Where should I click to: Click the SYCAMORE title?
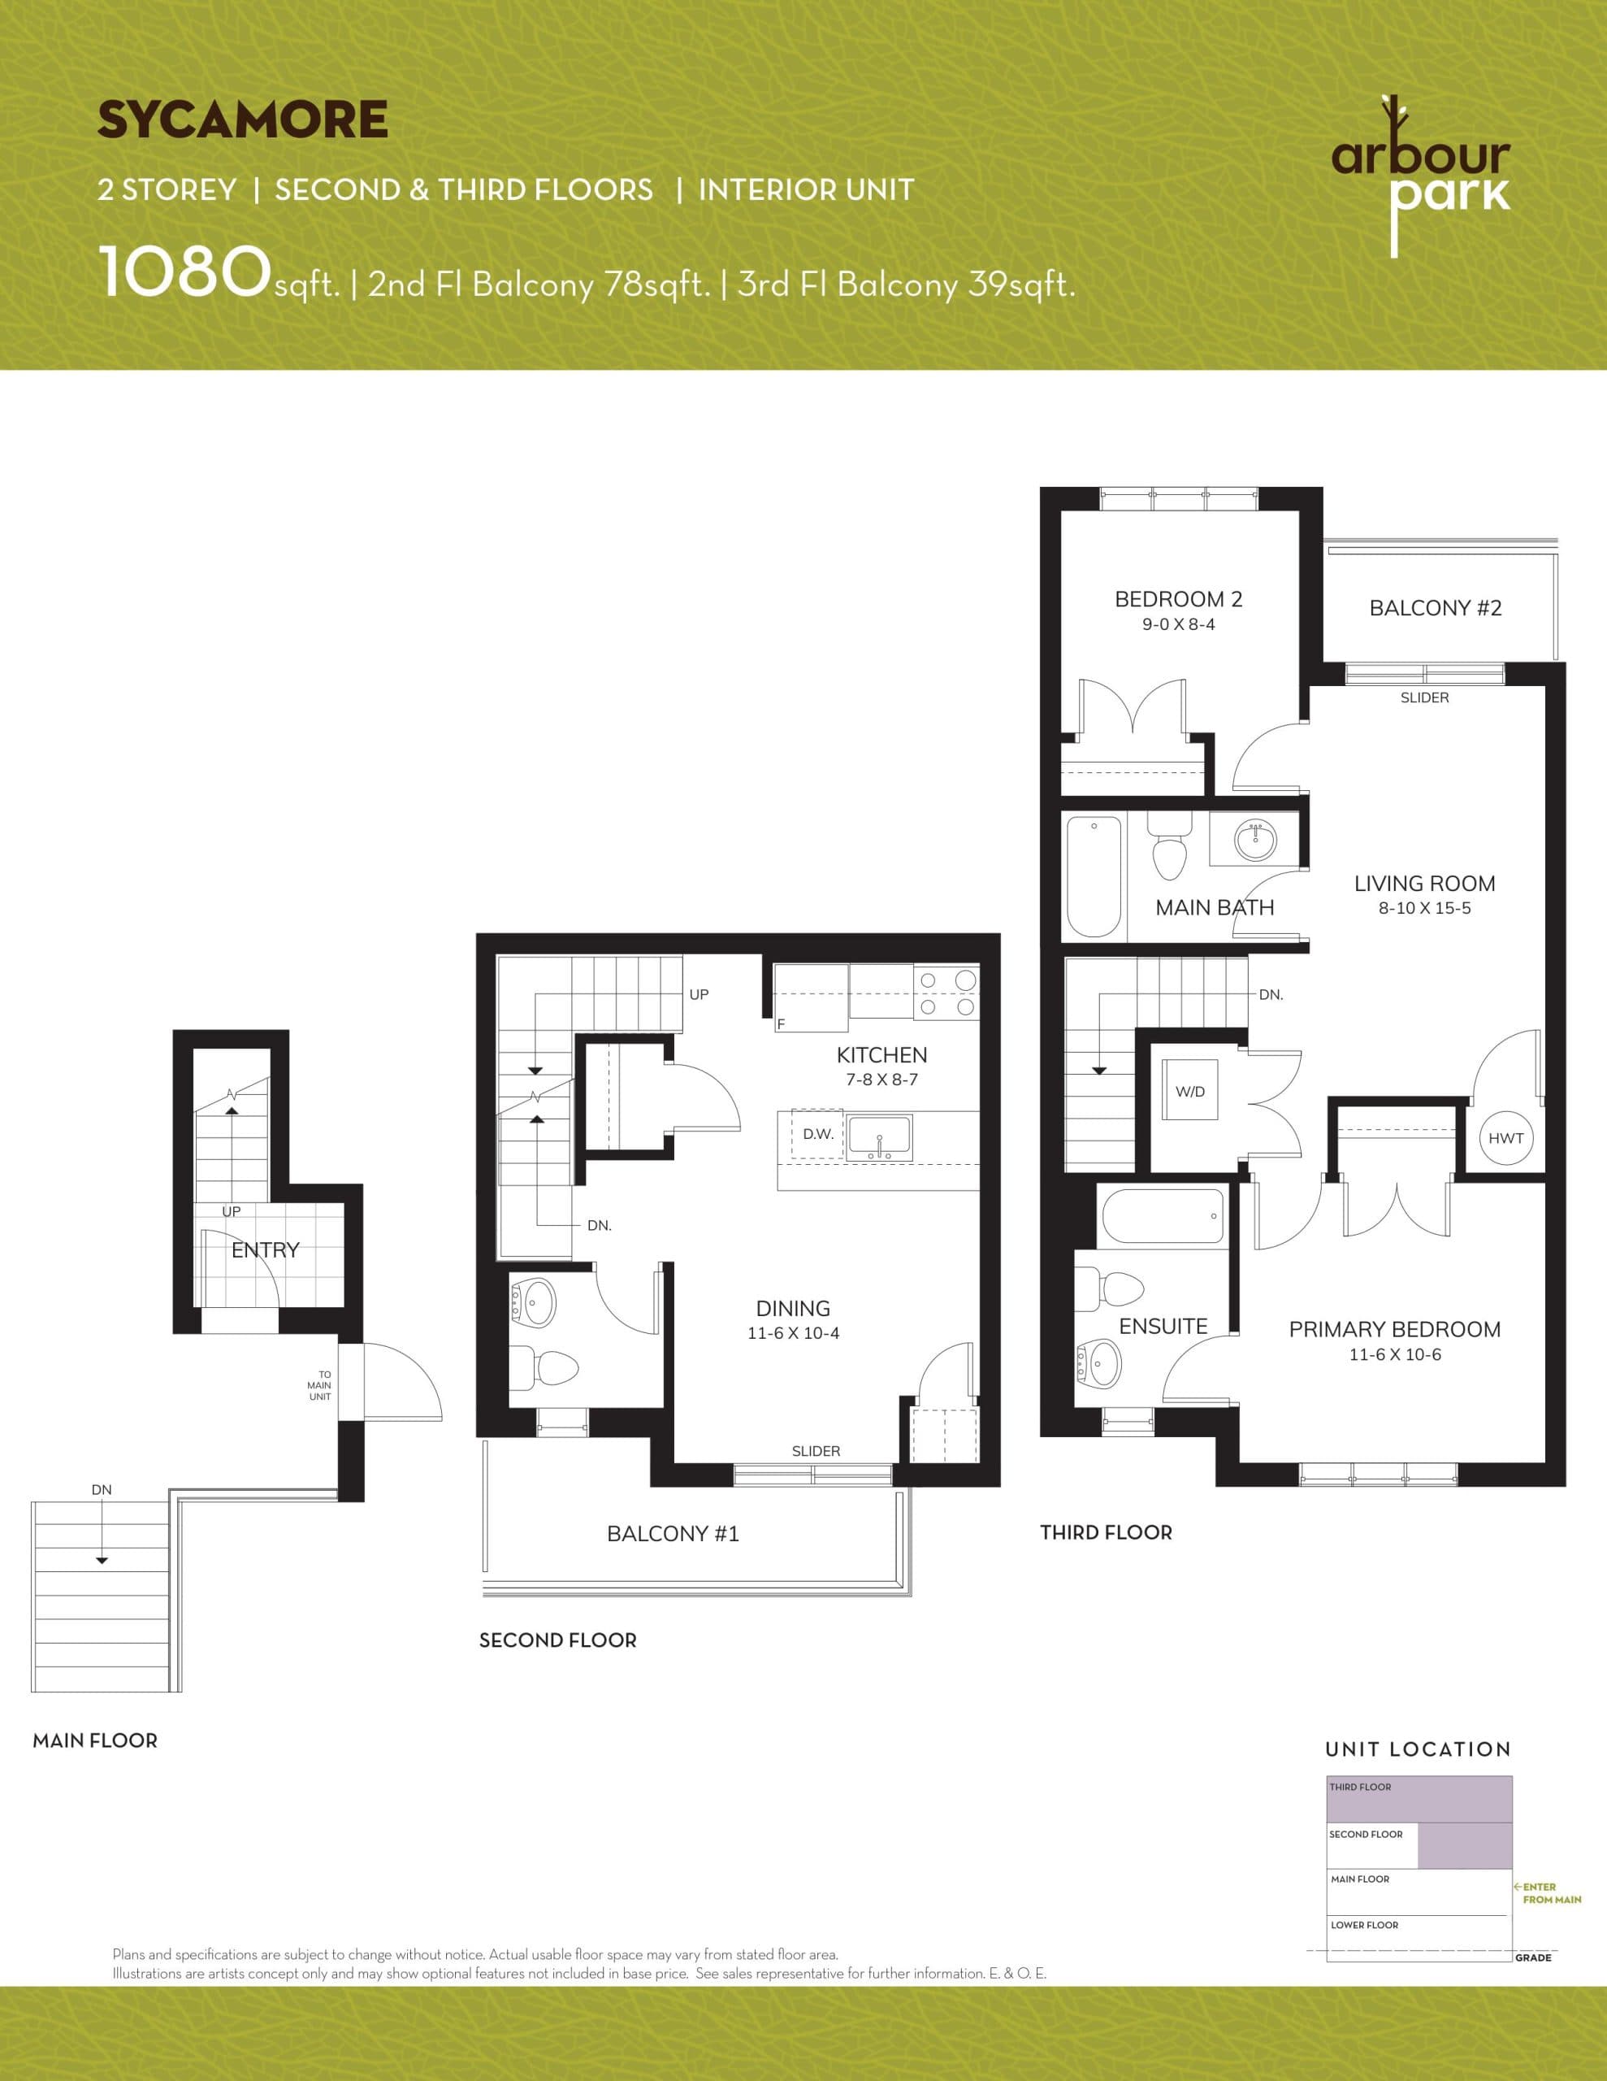tap(242, 120)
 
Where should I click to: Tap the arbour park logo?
tap(1420, 176)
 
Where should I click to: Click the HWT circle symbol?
tap(1506, 1138)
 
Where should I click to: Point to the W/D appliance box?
tap(1189, 1091)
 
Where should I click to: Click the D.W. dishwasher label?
tap(817, 1134)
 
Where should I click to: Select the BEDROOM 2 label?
tap(1178, 599)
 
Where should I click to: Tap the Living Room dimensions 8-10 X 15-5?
tap(1424, 908)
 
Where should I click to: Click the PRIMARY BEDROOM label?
tap(1395, 1329)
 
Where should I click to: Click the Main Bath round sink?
tap(1254, 841)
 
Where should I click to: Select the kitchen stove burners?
tap(946, 992)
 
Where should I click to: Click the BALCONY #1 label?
tap(673, 1533)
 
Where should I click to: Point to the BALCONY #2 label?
tap(1435, 608)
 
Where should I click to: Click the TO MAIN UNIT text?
tap(320, 1385)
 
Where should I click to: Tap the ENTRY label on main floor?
tap(265, 1250)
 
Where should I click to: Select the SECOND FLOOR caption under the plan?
tap(557, 1640)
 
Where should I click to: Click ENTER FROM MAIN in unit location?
tap(1549, 1892)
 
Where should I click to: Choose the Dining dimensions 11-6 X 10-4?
tap(793, 1333)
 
